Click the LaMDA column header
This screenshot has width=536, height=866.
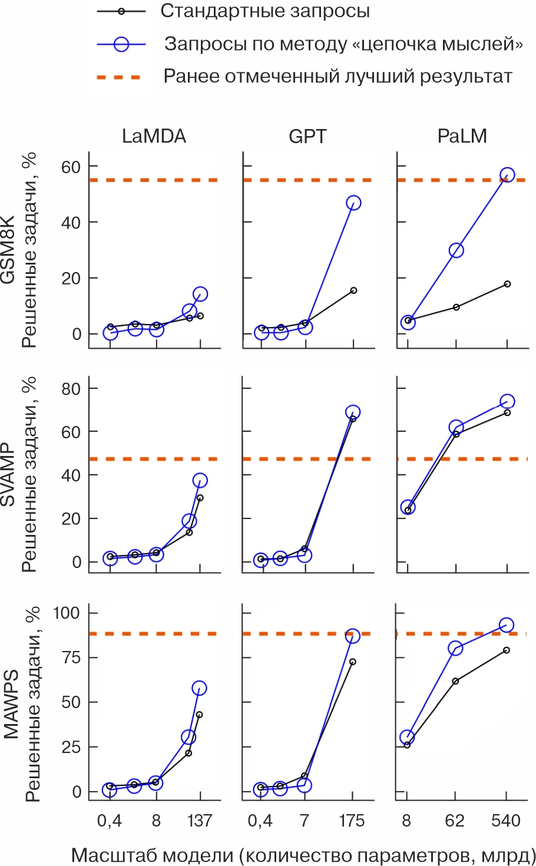(x=154, y=137)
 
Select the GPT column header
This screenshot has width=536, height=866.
(x=307, y=137)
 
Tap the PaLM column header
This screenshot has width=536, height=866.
(x=462, y=137)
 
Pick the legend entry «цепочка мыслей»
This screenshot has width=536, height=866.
(x=343, y=44)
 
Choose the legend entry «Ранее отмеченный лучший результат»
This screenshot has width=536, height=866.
(x=338, y=77)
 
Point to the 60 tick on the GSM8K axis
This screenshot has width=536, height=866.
(x=71, y=167)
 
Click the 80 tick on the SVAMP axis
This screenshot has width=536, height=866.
(x=71, y=388)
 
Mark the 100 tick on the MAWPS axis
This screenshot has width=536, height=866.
(x=67, y=613)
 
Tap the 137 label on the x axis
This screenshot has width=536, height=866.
(x=200, y=821)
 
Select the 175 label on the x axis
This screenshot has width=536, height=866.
(x=352, y=821)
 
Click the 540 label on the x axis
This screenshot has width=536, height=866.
(x=506, y=821)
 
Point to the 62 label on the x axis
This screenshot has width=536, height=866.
(x=455, y=821)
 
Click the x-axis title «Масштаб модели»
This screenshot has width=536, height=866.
(x=303, y=855)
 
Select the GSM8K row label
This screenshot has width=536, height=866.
(x=8, y=250)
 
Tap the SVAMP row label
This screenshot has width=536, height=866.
(x=8, y=475)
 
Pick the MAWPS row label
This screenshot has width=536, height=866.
(x=11, y=704)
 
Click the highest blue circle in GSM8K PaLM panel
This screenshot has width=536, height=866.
(x=507, y=175)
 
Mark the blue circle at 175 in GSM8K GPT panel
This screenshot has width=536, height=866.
(x=353, y=203)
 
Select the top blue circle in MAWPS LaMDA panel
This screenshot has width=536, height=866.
(x=199, y=688)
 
